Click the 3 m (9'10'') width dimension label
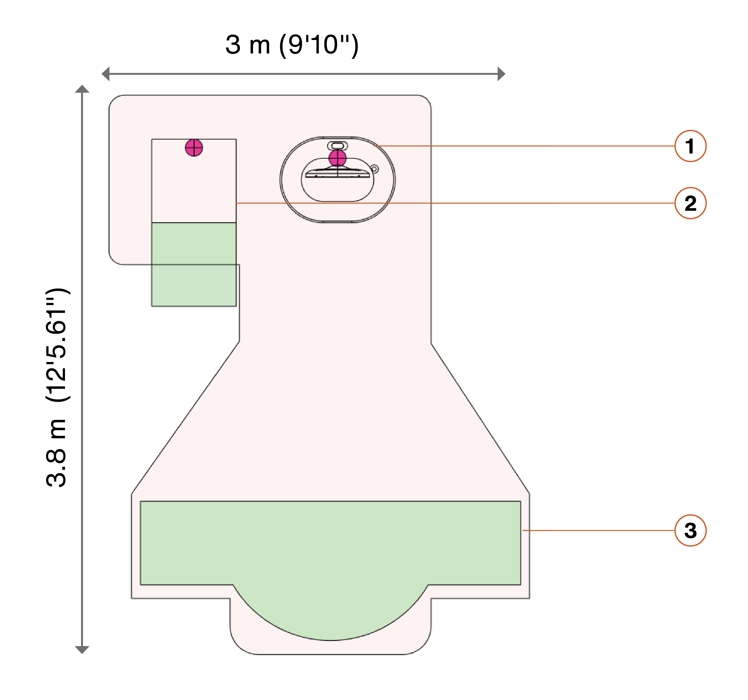(292, 45)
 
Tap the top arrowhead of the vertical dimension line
(82, 89)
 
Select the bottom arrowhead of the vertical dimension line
(82, 650)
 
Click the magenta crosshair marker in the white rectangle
(194, 148)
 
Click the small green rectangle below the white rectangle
(194, 264)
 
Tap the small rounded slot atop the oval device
(338, 146)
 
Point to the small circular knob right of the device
(374, 169)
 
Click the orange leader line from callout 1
(524, 146)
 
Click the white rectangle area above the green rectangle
(194, 181)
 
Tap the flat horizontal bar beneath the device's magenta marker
(338, 174)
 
